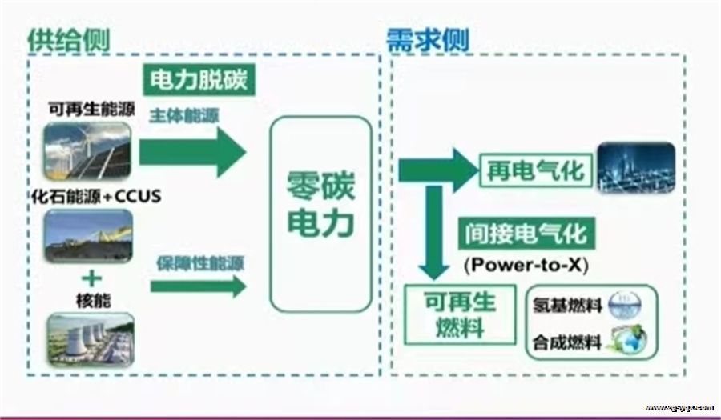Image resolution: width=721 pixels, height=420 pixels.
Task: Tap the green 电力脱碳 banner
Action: [199, 82]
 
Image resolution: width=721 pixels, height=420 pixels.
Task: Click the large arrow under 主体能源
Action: [192, 151]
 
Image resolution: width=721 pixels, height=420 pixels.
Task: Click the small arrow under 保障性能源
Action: [197, 285]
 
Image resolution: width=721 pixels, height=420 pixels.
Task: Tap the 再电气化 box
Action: [535, 170]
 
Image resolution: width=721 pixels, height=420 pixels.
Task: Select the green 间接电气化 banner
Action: [527, 234]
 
